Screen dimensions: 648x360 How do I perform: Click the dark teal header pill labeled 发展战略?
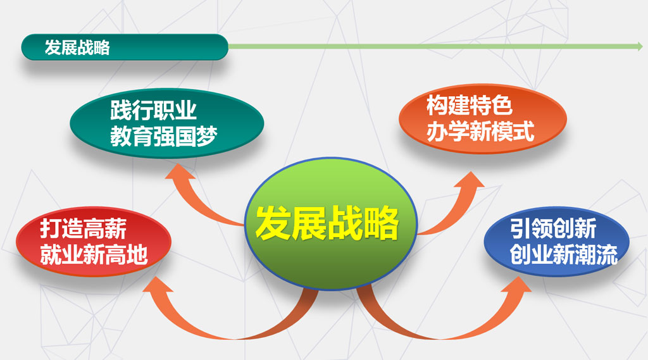125,47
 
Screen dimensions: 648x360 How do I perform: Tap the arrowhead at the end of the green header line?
640,46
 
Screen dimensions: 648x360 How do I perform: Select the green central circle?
330,223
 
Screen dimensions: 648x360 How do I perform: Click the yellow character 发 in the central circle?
273,223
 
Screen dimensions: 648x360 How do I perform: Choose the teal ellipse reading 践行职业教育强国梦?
167,123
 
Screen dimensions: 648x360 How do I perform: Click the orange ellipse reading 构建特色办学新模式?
482,119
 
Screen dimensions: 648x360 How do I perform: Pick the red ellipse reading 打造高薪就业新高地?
94,242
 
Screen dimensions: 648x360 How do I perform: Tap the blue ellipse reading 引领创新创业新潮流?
557,242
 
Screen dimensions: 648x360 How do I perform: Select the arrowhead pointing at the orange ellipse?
469,180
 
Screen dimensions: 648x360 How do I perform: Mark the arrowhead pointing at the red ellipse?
156,284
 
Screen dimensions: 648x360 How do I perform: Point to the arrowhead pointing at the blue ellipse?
516,284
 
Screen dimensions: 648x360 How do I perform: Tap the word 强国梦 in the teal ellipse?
185,137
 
